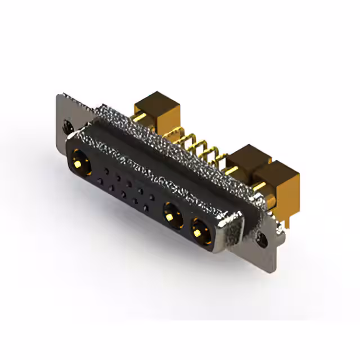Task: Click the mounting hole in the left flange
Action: coord(69,127)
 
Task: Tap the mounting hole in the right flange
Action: coord(263,241)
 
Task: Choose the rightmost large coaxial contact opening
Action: coord(200,229)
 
